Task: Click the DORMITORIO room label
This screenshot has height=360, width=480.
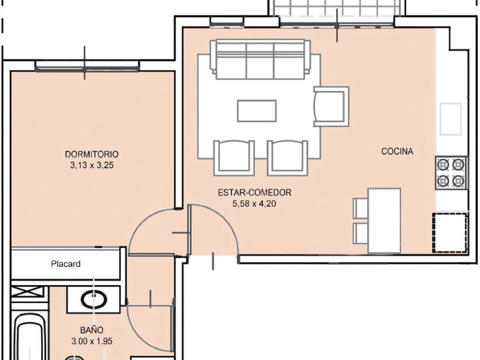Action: tap(92, 154)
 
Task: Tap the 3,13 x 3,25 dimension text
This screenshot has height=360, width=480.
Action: tap(92, 165)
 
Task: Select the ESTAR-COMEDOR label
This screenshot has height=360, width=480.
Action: tap(255, 193)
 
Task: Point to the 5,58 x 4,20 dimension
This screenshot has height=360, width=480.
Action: tap(254, 203)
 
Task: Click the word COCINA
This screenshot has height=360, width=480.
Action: tap(397, 151)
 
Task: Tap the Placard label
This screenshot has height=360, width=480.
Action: tap(66, 264)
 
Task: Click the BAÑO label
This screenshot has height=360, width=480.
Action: tap(91, 330)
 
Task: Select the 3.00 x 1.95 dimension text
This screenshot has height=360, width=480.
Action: tap(92, 341)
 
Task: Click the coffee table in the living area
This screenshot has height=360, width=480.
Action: tap(257, 110)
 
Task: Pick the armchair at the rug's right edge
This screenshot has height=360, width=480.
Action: tap(331, 106)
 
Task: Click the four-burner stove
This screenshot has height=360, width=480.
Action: tap(451, 173)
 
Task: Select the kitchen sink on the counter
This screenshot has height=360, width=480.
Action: tap(451, 119)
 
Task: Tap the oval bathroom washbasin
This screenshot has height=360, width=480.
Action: tap(94, 299)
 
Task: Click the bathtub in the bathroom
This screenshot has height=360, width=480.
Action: tap(29, 336)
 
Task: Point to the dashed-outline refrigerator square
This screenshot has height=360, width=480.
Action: tap(450, 233)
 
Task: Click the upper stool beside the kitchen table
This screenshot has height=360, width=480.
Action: tap(361, 208)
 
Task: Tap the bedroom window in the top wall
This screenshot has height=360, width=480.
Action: tap(87, 66)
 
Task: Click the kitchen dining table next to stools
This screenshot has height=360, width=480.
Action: tap(385, 221)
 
